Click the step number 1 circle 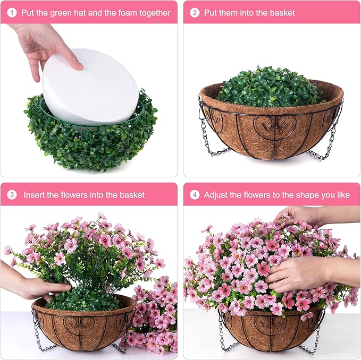(12, 13)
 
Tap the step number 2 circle (195, 13)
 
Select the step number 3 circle (12, 195)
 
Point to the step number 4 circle (195, 195)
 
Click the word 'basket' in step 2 (281, 13)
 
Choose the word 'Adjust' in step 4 (217, 195)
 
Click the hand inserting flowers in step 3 (32, 288)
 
